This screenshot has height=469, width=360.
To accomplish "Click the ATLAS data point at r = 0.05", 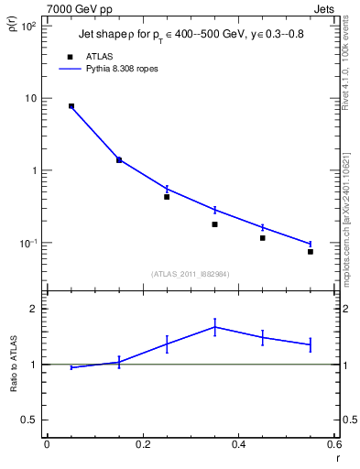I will tap(71, 106).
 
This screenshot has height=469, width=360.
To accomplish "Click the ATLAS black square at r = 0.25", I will tap(167, 196).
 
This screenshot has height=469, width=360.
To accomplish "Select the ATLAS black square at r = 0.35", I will tap(214, 224).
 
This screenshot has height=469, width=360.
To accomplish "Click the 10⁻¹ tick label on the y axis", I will tap(28, 244).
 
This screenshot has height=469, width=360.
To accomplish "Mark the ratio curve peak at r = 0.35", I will tap(214, 326).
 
